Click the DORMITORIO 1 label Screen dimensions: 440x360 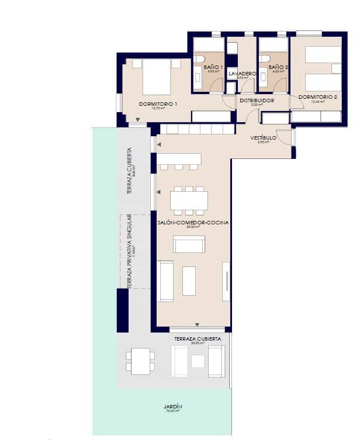[158, 104]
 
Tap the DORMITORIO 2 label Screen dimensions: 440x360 [318, 97]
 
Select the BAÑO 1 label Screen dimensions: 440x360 [213, 68]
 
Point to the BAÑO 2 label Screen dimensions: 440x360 [279, 68]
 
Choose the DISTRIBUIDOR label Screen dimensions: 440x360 [257, 101]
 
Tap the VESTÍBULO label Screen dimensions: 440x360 [263, 138]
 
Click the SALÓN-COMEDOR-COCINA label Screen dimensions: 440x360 [193, 223]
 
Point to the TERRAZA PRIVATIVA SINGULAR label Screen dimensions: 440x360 [130, 252]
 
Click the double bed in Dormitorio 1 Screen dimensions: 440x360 [156, 77]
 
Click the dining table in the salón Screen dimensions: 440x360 [189, 200]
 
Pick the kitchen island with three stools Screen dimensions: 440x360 [179, 159]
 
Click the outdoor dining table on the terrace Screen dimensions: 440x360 [140, 361]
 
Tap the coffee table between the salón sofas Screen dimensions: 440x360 [189, 280]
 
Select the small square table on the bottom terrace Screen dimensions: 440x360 [198, 361]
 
